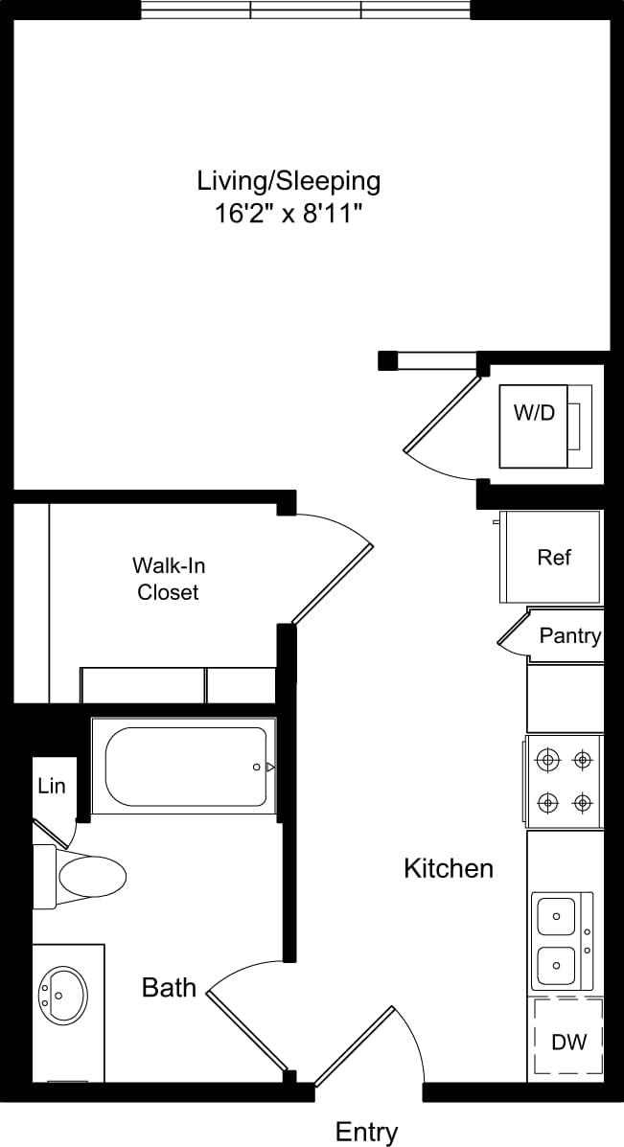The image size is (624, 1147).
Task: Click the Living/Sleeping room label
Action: tap(289, 180)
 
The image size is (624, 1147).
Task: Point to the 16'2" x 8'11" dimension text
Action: tap(289, 212)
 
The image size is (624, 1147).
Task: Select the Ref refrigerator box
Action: tap(553, 557)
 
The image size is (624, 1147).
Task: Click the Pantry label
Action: tap(569, 635)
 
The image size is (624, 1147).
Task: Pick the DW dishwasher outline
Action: tap(567, 1040)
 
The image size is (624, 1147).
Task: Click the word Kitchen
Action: tap(448, 868)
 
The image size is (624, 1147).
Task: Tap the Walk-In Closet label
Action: tap(168, 578)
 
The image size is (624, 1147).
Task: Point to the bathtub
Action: tap(186, 767)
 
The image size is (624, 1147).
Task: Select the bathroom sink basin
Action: tap(62, 995)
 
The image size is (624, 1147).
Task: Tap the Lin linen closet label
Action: tap(52, 786)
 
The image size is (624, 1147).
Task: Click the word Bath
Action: tap(169, 987)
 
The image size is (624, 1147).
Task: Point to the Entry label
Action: tap(366, 1132)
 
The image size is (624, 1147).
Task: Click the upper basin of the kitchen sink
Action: tap(556, 917)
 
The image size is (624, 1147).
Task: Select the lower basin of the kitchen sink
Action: tap(556, 965)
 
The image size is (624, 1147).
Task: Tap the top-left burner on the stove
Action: tap(548, 761)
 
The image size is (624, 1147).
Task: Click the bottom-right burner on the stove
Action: tap(581, 801)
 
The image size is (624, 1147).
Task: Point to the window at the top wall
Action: tap(306, 11)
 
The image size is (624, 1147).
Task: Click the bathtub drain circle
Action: tap(256, 768)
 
